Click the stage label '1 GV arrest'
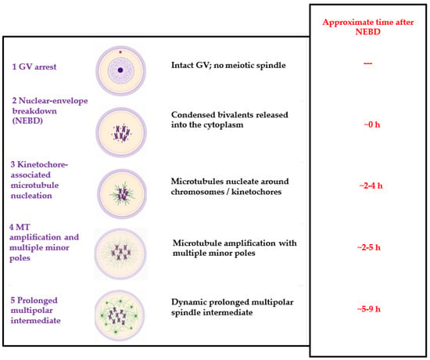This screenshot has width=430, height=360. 34,67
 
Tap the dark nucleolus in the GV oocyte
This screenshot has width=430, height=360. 120,70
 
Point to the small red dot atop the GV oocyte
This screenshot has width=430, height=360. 120,52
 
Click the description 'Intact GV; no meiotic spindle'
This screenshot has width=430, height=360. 228,66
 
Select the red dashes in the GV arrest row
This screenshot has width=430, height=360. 367,63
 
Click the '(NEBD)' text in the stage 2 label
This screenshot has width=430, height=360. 27,121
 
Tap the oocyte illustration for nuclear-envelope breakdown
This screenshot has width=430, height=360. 121,132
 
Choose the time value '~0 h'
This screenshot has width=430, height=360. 372,124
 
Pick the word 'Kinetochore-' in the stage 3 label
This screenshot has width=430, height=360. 43,164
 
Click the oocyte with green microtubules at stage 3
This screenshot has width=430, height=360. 122,194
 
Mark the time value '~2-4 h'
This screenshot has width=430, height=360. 371,186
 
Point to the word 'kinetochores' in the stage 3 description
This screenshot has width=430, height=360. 256,192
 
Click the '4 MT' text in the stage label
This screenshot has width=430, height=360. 20,227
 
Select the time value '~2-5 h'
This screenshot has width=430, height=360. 369,247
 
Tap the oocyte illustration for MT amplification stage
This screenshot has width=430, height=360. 120,254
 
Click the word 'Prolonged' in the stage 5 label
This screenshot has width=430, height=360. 38,301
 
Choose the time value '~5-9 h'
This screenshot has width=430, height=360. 369,309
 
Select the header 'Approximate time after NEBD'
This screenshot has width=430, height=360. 368,27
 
